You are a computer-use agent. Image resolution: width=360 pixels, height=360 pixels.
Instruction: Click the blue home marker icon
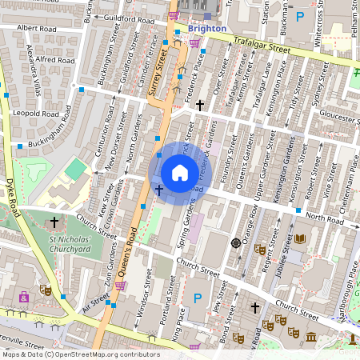[x=180, y=172]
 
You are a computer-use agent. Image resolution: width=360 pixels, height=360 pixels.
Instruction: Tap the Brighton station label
[x=206, y=28]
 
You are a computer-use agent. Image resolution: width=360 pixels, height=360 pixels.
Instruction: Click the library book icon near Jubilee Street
[x=300, y=238]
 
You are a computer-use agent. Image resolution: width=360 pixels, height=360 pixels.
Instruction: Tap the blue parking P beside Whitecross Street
[x=301, y=16]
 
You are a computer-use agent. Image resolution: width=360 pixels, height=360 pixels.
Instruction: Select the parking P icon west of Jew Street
[x=198, y=298]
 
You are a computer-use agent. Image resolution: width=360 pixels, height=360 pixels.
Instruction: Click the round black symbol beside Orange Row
[x=235, y=242]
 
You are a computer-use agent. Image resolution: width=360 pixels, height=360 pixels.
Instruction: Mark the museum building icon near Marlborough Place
[x=331, y=317]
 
